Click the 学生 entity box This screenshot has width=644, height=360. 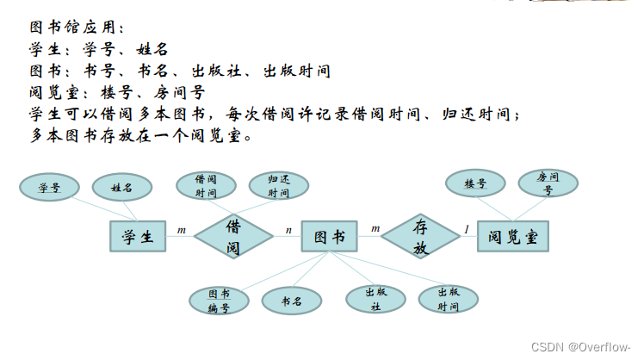138,236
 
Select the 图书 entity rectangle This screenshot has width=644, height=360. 329,236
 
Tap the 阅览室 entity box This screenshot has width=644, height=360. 513,236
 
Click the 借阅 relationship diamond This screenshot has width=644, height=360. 232,236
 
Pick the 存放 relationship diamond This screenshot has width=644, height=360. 420,236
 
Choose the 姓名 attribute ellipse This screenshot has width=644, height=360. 121,187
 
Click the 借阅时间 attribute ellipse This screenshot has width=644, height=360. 205,186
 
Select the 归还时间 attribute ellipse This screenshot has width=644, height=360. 278,186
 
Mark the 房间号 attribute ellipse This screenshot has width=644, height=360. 548,183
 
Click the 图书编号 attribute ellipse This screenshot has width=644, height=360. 220,301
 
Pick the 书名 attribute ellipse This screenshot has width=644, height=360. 294,301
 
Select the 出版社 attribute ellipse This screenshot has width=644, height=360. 375,299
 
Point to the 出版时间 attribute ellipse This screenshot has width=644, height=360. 448,299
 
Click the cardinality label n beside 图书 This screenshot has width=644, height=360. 288,230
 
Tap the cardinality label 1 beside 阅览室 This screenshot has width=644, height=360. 467,229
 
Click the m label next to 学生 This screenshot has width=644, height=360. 181,230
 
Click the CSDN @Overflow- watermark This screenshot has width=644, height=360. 581,346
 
